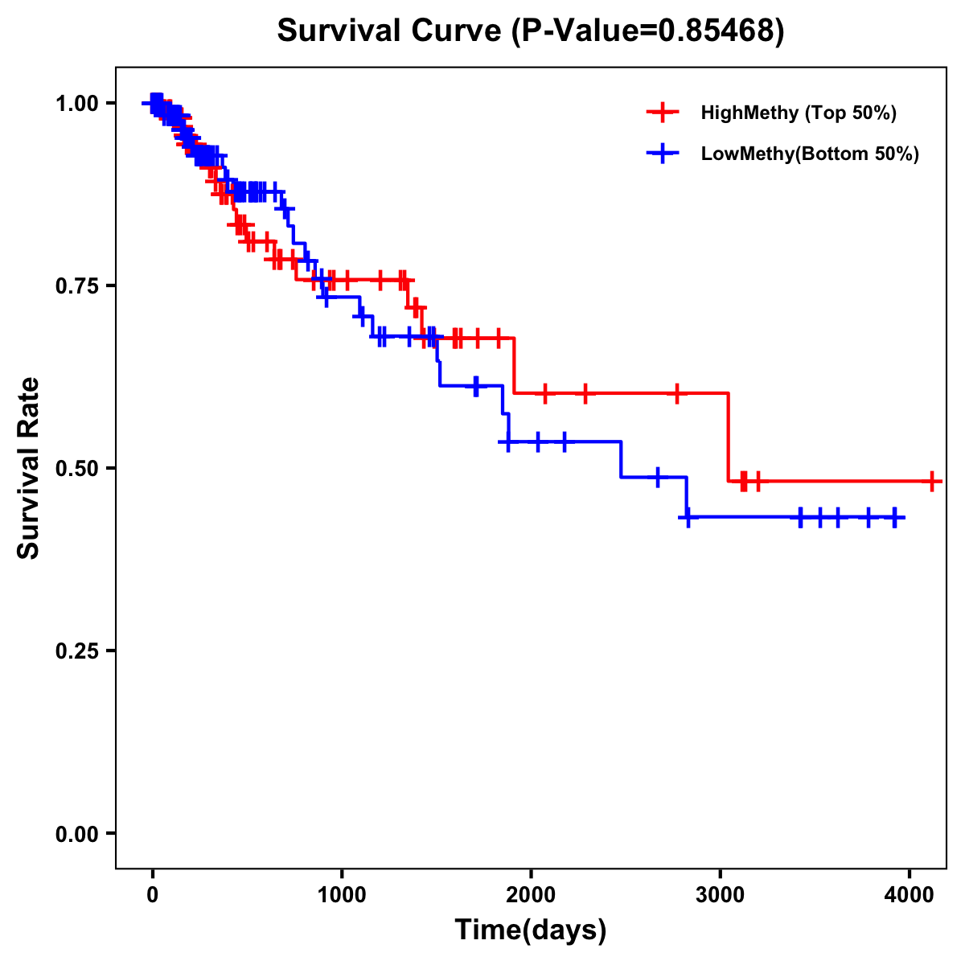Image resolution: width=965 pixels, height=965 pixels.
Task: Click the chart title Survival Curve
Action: (391, 31)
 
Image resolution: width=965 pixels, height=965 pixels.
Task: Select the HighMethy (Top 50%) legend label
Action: (799, 113)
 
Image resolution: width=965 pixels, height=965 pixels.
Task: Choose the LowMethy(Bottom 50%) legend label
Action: (810, 154)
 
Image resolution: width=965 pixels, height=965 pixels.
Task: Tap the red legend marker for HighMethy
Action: (663, 113)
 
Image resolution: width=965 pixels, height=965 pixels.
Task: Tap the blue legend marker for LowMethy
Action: (663, 154)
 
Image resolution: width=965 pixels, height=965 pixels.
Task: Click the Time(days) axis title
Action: (531, 930)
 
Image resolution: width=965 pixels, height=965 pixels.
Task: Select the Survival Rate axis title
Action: (29, 468)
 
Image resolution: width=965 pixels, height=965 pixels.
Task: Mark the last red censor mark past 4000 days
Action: (931, 482)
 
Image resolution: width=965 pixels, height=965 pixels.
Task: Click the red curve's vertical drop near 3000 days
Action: (729, 438)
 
